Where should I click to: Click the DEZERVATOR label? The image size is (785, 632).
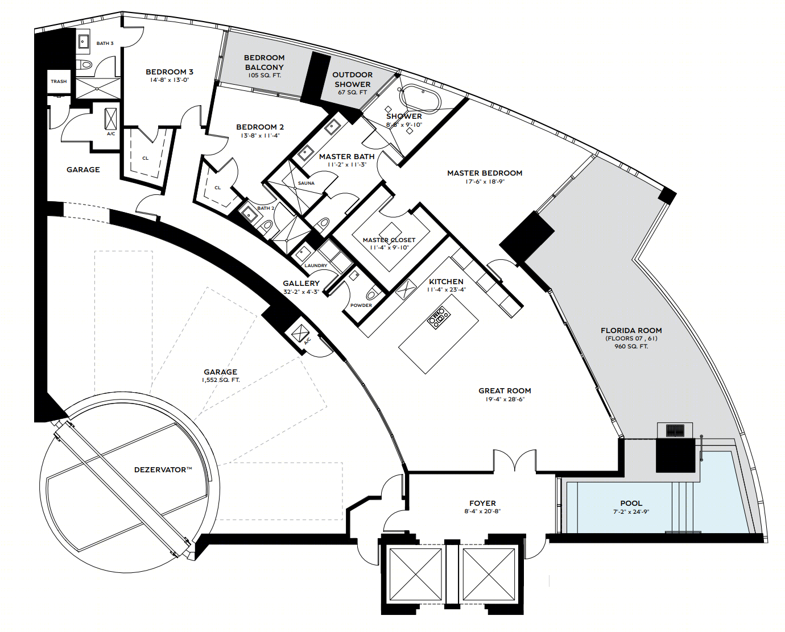[x=163, y=470]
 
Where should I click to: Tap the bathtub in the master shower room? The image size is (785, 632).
[x=420, y=98]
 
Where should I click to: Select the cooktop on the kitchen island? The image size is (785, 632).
[x=439, y=318]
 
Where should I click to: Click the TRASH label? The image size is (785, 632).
[x=59, y=81]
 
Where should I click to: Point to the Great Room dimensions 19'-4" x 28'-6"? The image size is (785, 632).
[x=505, y=399]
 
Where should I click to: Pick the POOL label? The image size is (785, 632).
[x=631, y=503]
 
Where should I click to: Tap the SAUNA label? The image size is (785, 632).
[x=306, y=183]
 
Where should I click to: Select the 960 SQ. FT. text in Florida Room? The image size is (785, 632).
[x=631, y=346]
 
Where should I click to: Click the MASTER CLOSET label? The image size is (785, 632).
[x=389, y=240]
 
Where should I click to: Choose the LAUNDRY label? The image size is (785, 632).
[x=316, y=265]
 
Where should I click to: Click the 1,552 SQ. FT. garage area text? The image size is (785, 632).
[x=221, y=380]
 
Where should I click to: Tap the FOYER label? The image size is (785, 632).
[x=482, y=504]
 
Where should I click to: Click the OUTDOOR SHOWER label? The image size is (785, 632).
[x=352, y=80]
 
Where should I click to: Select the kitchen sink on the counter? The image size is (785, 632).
[x=406, y=289]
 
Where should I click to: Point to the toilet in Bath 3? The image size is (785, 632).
[x=86, y=65]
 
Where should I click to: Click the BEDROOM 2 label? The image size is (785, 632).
[x=260, y=127]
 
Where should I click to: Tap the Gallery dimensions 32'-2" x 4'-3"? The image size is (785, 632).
[x=301, y=292]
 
